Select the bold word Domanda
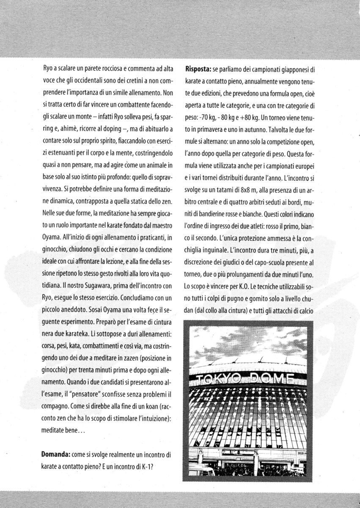(56, 454)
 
